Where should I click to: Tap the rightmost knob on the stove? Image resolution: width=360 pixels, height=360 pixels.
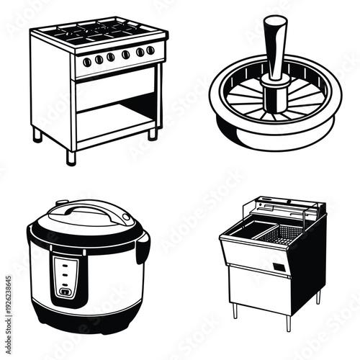[x=150, y=50]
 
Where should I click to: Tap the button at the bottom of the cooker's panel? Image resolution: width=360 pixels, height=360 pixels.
[x=66, y=292]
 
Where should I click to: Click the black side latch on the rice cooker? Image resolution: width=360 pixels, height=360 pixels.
[x=143, y=248]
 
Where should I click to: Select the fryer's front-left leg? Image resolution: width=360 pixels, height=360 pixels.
[x=233, y=311]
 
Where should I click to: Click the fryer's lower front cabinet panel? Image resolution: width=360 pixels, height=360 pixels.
[x=266, y=288]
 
